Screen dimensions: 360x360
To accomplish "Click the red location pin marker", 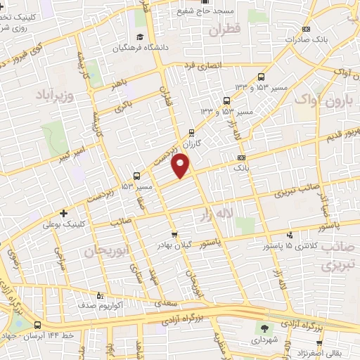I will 182,166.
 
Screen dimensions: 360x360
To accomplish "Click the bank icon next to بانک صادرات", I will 306,29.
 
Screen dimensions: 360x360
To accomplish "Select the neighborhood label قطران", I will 224,30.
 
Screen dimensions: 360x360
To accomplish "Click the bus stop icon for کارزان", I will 193,132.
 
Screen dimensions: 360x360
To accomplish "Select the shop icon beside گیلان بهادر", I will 174,235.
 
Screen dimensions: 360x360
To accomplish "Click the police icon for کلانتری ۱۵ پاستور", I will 288,236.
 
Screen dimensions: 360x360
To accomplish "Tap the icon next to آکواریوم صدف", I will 98,295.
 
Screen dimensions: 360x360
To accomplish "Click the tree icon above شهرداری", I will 264,328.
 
